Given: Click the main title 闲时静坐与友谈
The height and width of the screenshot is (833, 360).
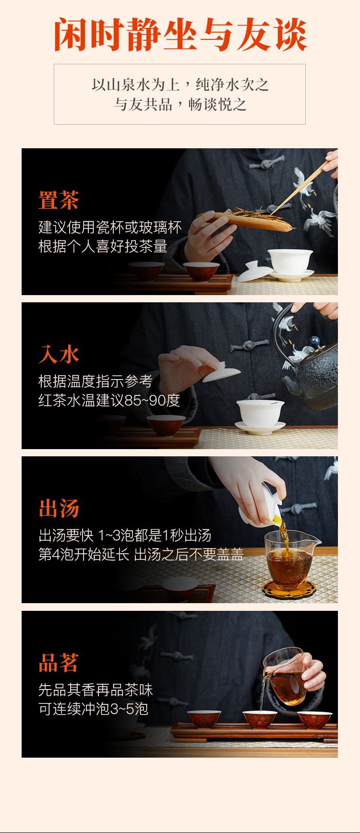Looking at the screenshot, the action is [x=180, y=35].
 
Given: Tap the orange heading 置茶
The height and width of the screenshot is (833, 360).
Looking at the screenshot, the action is [x=59, y=200].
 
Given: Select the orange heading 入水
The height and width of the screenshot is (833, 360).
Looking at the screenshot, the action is [x=59, y=355].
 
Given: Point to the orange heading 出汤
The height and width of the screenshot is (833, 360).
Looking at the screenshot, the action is [x=59, y=509].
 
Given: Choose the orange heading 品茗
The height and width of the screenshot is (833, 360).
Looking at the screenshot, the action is [x=59, y=663].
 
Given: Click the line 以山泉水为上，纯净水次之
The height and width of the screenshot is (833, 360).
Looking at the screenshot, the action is [x=180, y=85].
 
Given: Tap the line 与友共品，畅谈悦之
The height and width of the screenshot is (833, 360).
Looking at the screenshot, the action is [x=180, y=104].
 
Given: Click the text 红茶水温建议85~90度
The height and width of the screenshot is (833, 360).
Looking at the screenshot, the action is [x=109, y=400].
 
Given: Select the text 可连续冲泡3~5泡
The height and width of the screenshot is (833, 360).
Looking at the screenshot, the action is [x=93, y=709].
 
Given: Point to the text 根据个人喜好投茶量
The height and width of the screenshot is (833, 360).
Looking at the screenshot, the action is [x=103, y=246].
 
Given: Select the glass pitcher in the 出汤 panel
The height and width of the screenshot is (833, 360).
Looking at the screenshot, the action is [x=290, y=559].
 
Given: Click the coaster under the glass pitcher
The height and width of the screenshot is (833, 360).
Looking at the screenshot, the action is [x=289, y=590].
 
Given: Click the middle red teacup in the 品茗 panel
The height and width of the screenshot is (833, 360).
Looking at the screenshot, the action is [x=260, y=720].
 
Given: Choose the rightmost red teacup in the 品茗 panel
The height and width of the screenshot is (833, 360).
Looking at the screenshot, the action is [x=315, y=720].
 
